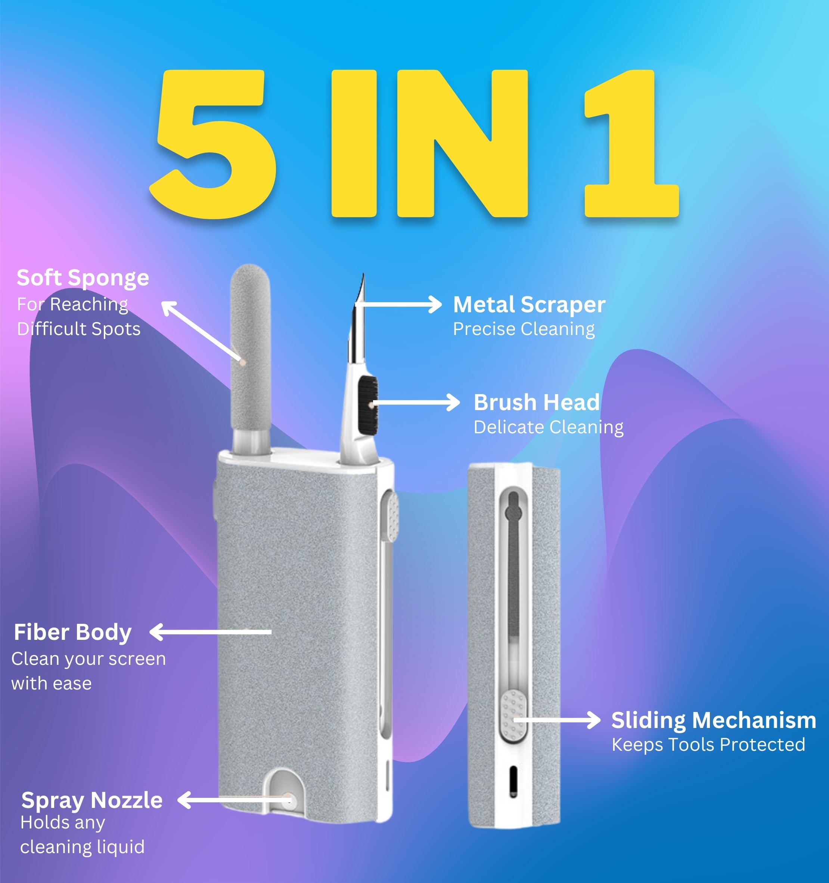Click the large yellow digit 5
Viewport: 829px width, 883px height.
pyautogui.click(x=213, y=144)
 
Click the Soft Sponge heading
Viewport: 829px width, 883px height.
pyautogui.click(x=83, y=278)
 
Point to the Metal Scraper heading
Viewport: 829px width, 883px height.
pyautogui.click(x=529, y=305)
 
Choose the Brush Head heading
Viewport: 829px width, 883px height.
pyautogui.click(x=536, y=402)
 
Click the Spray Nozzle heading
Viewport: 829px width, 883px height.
pyautogui.click(x=92, y=800)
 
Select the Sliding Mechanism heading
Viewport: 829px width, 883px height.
pyautogui.click(x=714, y=721)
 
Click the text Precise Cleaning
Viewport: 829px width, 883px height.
pyautogui.click(x=524, y=329)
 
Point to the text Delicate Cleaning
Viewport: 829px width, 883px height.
pyautogui.click(x=549, y=427)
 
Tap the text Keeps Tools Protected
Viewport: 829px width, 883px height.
pyautogui.click(x=708, y=744)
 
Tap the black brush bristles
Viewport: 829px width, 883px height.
pyautogui.click(x=368, y=405)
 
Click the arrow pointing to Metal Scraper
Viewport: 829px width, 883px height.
pyautogui.click(x=398, y=305)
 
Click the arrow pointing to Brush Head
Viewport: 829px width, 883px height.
pyautogui.click(x=416, y=402)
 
